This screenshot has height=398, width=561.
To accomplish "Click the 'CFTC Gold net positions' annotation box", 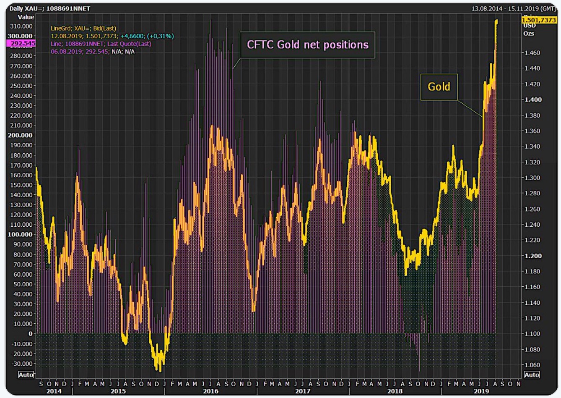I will coord(307,45).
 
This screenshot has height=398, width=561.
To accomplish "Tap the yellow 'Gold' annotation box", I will coord(439,87).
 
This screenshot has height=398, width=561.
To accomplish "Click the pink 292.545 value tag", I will coord(21,43).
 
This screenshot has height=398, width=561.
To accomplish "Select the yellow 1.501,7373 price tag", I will coord(539,20).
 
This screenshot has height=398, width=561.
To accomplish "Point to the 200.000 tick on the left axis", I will coord(20,135).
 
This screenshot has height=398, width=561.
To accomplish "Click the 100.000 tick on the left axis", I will coord(20,234).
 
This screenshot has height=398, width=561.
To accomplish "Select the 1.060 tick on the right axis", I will coord(533,365).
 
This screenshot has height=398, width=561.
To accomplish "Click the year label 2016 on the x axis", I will coord(210,391).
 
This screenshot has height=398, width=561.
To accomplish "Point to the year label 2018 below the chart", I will coord(395,391).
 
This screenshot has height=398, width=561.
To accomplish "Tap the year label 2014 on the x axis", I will coord(54,391).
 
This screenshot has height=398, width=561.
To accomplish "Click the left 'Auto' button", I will coord(26,374).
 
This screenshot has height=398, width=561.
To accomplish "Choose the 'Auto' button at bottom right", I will coord(532,374).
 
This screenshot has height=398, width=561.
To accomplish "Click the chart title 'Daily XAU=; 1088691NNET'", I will coord(49,8).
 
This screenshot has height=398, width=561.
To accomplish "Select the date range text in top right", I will coord(514,8).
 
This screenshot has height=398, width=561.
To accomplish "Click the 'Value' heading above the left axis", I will coord(26,17).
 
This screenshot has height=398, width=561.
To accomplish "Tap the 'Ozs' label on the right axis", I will coord(529,33).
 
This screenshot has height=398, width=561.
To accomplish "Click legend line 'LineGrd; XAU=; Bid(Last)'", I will coord(83,29).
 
